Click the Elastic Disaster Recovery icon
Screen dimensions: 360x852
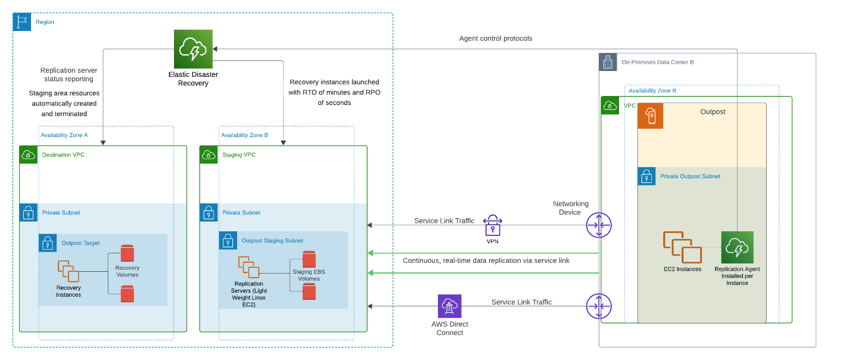(194, 49)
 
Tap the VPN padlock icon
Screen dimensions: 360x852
(492, 225)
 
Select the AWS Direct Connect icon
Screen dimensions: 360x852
(449, 306)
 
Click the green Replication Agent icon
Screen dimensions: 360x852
(737, 247)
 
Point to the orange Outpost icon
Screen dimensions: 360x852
(651, 116)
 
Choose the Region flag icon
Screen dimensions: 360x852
(22, 22)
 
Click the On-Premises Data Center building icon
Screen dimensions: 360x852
(608, 62)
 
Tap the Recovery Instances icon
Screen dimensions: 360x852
(69, 271)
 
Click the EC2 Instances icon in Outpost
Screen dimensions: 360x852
(682, 247)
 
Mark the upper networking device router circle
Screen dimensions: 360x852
(599, 225)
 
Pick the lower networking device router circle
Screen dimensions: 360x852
(599, 306)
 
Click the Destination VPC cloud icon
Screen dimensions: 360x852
(28, 155)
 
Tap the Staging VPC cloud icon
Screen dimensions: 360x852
(209, 155)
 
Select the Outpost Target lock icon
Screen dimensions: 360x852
(48, 243)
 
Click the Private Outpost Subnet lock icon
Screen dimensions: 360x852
(646, 176)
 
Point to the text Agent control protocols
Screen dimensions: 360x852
(496, 38)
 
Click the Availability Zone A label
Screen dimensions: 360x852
(64, 135)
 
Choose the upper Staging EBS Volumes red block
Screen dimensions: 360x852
(309, 259)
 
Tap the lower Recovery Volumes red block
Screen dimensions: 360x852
(127, 294)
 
